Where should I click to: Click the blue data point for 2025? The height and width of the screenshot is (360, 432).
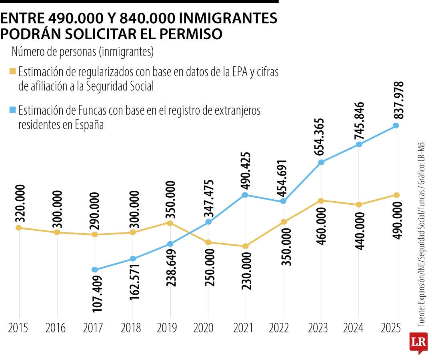pyautogui.click(x=396, y=126)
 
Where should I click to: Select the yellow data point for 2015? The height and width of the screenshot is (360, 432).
pyautogui.click(x=18, y=228)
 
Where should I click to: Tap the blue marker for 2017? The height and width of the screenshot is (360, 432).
pyautogui.click(x=94, y=270)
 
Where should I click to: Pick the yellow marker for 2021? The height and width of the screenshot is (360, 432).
pyautogui.click(x=245, y=246)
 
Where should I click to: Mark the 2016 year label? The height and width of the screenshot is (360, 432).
pyautogui.click(x=56, y=328)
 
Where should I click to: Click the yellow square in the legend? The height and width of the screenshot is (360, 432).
pyautogui.click(x=13, y=72)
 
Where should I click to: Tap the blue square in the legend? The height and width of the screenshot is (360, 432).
pyautogui.click(x=13, y=110)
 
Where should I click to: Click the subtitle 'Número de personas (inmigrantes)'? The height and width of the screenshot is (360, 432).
pyautogui.click(x=83, y=52)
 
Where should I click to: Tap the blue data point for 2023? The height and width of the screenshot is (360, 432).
pyautogui.click(x=321, y=162)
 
